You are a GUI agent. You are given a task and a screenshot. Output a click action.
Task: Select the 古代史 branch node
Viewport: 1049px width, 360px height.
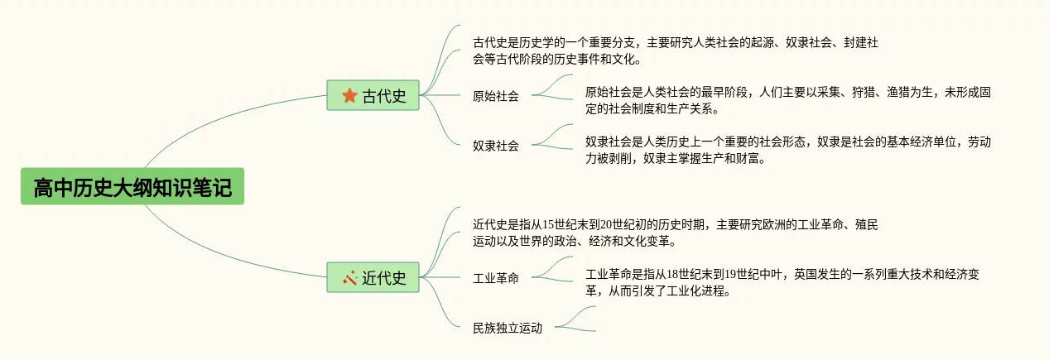point(373,95)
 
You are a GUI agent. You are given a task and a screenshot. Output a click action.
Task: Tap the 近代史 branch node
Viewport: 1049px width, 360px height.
point(373,277)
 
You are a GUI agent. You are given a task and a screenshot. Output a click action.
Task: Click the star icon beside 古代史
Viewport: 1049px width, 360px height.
point(349,95)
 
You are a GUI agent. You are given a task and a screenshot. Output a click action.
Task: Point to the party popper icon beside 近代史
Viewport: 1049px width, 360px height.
point(349,277)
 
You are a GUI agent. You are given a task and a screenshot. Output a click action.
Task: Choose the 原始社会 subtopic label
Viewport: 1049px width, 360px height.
point(496,96)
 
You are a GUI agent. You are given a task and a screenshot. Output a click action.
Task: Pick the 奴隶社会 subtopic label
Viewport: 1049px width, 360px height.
point(496,146)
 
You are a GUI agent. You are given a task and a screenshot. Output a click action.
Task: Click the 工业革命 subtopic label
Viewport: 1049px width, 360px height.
point(496,278)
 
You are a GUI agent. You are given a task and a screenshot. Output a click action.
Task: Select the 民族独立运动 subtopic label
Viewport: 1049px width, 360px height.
point(508,328)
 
